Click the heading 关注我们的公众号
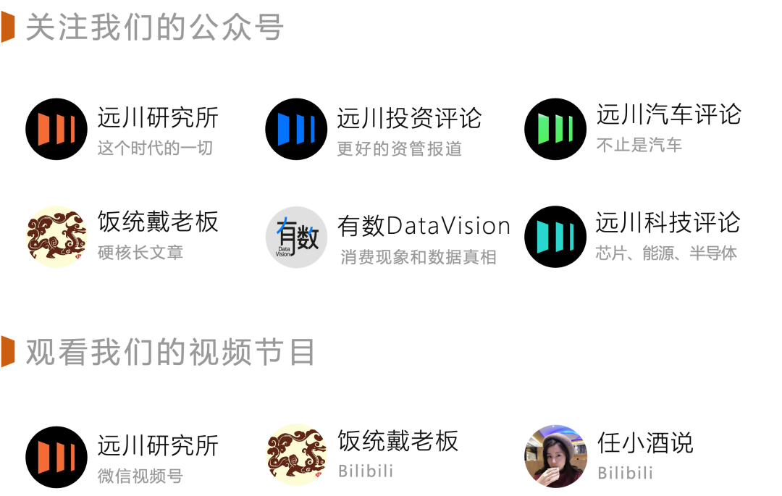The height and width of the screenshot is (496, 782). coord(155,28)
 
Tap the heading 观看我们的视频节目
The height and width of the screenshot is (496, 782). coord(171,353)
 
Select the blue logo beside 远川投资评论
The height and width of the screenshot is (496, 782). coord(296,129)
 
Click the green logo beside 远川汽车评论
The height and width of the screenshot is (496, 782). coord(555,129)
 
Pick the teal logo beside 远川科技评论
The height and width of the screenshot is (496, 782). coord(555,237)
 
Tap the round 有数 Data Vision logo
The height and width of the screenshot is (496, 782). coord(296,237)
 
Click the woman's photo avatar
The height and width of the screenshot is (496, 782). coord(555,455)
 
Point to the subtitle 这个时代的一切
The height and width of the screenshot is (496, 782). coord(155,149)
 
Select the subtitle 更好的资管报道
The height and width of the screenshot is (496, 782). coord(399,149)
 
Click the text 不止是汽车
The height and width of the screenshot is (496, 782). coord(639,146)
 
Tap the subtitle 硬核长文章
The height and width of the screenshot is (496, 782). coord(140,253)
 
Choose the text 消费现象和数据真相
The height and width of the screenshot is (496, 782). coord(419,257)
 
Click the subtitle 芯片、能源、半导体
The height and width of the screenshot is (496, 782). coord(666,253)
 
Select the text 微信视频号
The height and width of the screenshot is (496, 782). coord(140,476)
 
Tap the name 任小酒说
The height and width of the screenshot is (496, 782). coord(645,442)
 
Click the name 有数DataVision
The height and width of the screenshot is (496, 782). coord(424,226)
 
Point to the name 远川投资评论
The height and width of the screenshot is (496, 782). coord(408,119)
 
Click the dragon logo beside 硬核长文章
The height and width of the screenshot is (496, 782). coord(56,237)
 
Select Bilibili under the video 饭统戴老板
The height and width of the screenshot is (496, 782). coord(366,471)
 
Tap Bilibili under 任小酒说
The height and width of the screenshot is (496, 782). coord(625,474)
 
